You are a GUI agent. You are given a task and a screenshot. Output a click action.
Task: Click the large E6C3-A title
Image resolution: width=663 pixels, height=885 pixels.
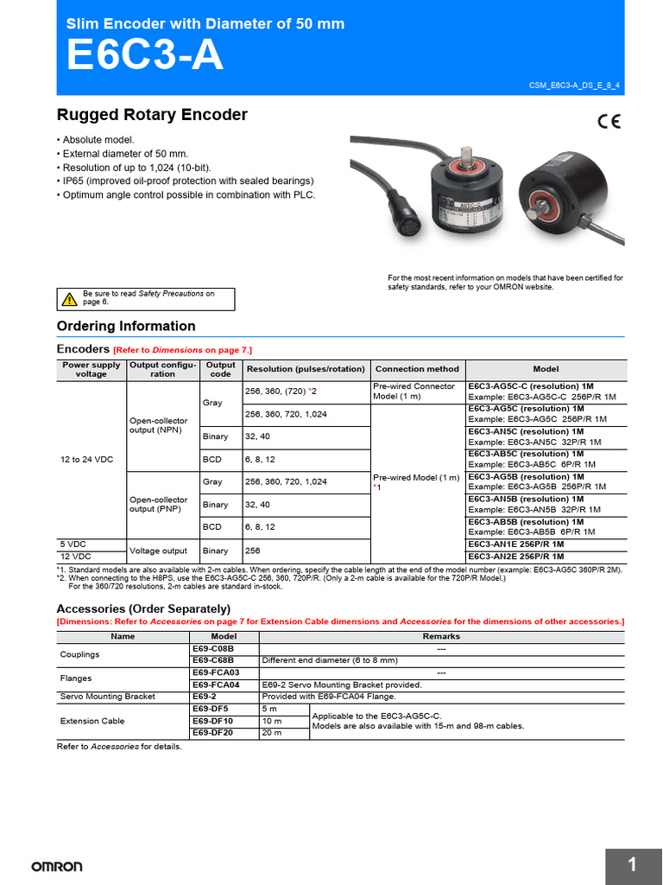tap(144, 58)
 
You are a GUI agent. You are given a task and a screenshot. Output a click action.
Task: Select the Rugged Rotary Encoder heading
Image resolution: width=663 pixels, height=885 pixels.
tap(152, 115)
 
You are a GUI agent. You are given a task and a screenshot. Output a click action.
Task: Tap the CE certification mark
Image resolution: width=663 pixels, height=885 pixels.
tap(608, 122)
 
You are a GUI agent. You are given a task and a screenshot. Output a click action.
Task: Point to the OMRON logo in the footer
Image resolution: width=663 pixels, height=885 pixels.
tap(57, 866)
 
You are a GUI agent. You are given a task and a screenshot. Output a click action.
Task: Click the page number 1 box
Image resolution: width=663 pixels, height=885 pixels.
tap(633, 865)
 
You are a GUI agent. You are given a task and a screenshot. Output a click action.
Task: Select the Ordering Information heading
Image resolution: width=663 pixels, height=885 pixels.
tap(126, 326)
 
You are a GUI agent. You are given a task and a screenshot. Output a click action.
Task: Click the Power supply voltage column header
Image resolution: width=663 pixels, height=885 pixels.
tap(92, 369)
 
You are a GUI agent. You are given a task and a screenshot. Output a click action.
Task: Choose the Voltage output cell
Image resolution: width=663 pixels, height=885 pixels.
tap(163, 551)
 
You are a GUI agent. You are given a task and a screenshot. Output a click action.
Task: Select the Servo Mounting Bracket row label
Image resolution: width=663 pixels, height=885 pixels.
tap(107, 697)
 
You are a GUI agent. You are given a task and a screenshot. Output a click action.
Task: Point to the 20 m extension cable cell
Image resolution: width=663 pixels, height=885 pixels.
tap(284, 733)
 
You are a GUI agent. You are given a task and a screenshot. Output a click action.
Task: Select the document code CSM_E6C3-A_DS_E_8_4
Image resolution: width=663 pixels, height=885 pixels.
tap(573, 87)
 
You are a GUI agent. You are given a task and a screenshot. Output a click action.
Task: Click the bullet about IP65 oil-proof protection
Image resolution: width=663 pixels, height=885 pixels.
tap(185, 181)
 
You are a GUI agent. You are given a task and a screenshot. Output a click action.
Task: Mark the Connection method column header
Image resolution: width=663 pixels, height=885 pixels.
tap(418, 369)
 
